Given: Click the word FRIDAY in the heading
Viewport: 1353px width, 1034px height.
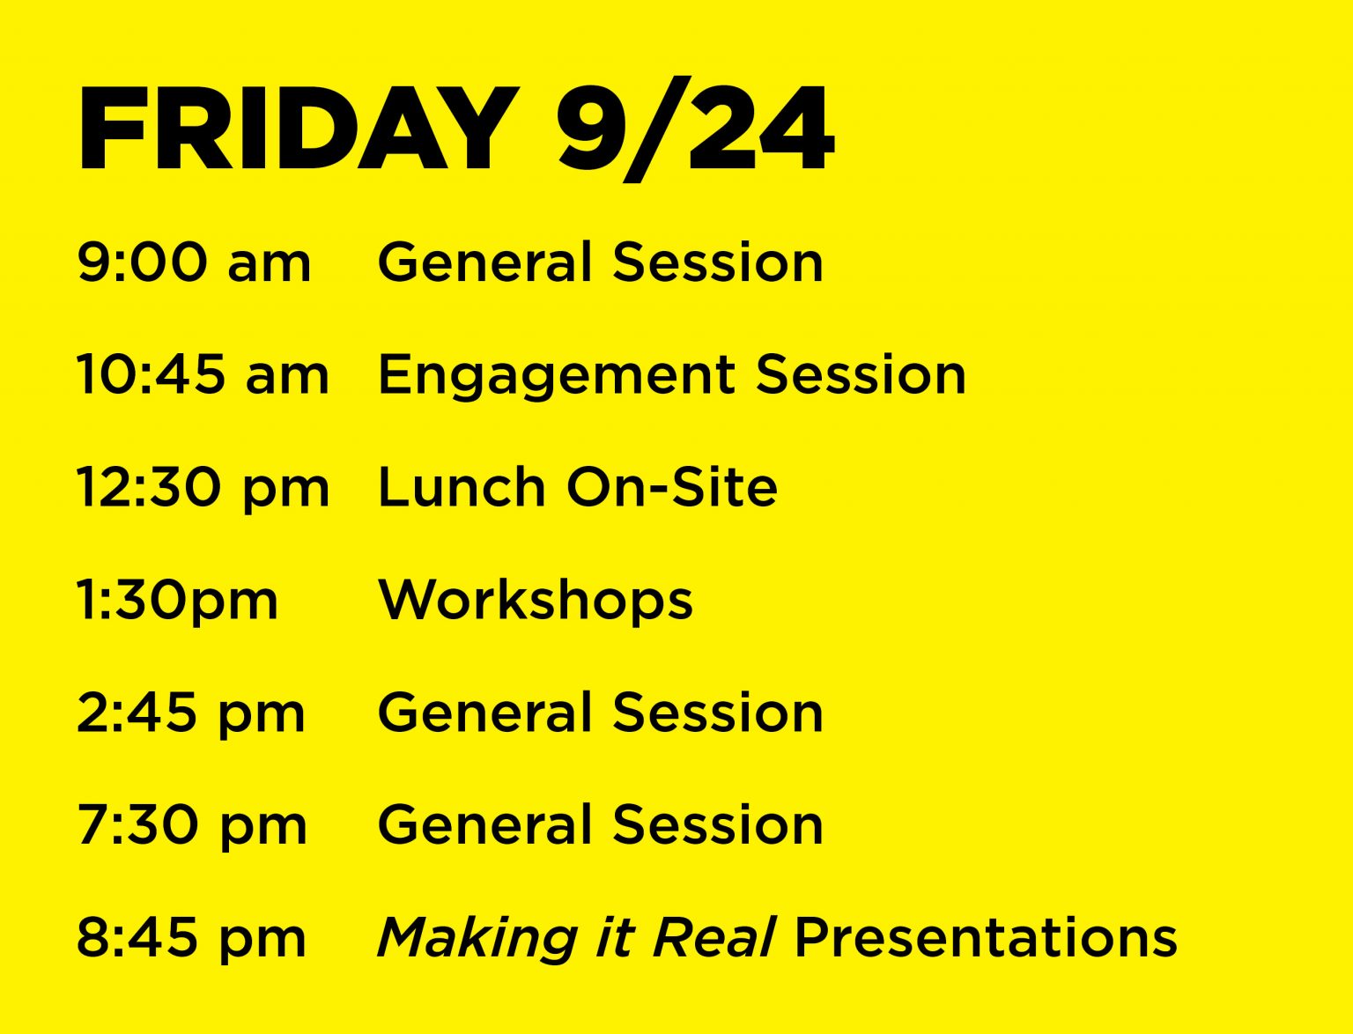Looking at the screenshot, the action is point(298,129).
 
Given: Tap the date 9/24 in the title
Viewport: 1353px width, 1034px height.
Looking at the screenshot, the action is point(695,129).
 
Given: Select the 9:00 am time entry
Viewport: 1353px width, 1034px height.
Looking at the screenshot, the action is point(194,262).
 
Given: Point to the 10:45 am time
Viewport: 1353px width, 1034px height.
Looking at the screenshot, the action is point(203,374).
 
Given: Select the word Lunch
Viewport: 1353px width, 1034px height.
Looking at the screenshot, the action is point(462,487).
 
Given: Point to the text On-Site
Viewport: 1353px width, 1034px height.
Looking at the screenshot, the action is point(672,487).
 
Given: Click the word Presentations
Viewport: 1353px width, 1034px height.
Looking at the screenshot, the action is point(987,937).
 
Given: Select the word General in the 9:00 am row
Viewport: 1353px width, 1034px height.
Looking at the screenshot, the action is point(485,262).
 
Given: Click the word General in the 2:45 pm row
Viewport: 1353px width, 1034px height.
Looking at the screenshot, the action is point(485,712).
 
